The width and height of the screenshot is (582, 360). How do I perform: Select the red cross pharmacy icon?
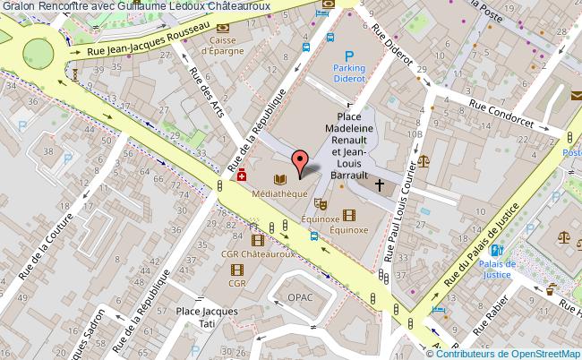coord(242,178)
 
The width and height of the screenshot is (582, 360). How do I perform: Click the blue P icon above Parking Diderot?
coord(337,55)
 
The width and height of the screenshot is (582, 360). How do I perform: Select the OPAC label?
coord(300,296)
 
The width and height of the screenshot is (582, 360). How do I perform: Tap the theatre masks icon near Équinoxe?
coord(320,205)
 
